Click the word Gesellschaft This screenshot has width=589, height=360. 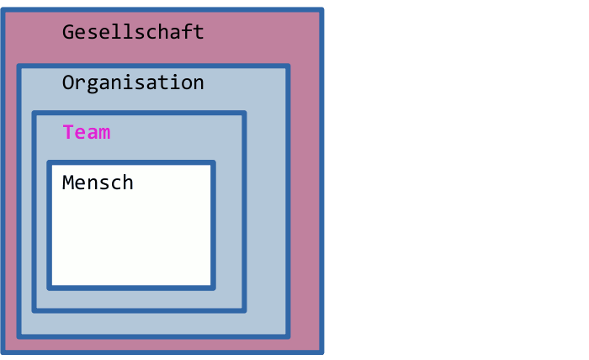point(133,32)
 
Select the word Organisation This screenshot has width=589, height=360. point(133,83)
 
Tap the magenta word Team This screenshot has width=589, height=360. point(87,132)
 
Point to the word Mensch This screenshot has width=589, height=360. point(98,183)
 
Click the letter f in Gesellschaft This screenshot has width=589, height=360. point(186,31)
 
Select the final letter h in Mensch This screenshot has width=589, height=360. point(127,183)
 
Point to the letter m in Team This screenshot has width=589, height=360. point(104,134)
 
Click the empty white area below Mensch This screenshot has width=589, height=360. point(131,241)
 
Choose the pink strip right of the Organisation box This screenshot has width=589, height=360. point(305,203)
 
